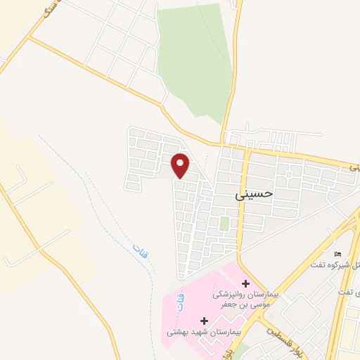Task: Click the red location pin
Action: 181,165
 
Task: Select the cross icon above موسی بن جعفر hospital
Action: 236,283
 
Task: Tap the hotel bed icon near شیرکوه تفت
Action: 338,255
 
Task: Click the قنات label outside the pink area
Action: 139,250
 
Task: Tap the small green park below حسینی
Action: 224,224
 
